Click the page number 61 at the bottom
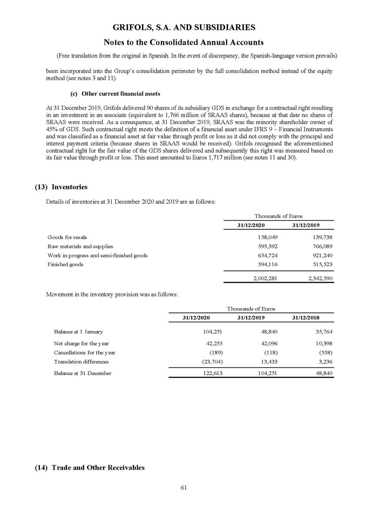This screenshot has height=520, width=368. tap(184, 488)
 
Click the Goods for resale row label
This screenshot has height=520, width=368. tap(67, 237)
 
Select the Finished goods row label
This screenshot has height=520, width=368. tap(65, 264)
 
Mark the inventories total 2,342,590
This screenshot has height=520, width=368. tap(320, 278)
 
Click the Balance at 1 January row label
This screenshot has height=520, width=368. tap(78, 332)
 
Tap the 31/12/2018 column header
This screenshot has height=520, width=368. tap(306, 318)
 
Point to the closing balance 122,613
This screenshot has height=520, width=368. tap(213, 373)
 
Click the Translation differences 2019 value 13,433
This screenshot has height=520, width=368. tap(269, 362)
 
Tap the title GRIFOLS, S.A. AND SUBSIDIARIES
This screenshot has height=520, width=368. tap(184, 28)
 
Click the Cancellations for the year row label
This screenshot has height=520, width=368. tap(84, 353)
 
